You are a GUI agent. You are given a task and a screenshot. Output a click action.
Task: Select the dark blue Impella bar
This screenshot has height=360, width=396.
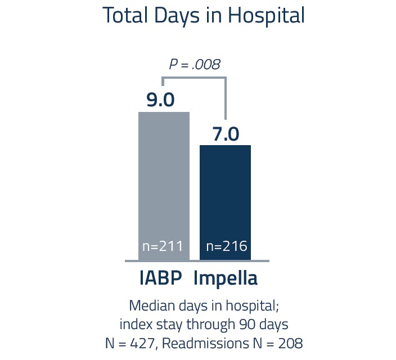(x=225, y=191)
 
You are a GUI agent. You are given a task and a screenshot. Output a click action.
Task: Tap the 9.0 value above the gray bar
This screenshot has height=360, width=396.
(x=160, y=100)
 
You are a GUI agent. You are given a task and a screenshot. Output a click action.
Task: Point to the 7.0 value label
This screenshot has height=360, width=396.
(x=226, y=134)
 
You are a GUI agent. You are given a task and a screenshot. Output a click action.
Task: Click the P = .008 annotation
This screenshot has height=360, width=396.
(x=195, y=64)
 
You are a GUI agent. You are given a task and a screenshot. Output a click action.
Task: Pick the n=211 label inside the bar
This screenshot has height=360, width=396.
(x=164, y=246)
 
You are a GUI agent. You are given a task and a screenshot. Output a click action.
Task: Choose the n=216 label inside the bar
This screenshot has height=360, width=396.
(x=226, y=246)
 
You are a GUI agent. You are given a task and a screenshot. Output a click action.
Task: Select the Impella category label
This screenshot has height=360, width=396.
(x=226, y=279)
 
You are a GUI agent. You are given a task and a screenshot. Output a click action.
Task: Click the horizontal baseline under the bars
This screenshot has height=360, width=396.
(x=196, y=260)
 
